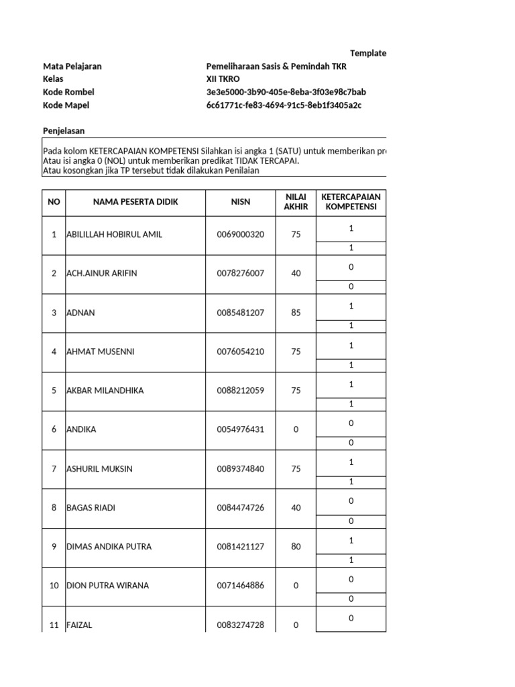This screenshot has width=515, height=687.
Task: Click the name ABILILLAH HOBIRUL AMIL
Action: click(x=114, y=235)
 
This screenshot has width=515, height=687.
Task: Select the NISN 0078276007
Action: click(x=240, y=274)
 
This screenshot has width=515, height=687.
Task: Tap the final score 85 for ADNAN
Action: click(x=296, y=313)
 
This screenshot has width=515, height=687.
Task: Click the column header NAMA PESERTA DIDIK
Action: click(x=135, y=202)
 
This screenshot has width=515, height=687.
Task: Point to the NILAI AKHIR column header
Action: click(x=296, y=202)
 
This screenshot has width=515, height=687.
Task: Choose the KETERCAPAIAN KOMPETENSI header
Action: click(x=351, y=202)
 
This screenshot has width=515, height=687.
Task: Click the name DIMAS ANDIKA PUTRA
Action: click(x=109, y=547)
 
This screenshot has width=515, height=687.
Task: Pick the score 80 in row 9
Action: click(x=296, y=547)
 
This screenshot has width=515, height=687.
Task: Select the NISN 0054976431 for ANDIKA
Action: click(x=240, y=430)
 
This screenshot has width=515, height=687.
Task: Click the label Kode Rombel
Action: click(x=68, y=92)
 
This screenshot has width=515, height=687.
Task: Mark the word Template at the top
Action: click(x=368, y=54)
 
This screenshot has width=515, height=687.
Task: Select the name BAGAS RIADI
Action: click(x=91, y=508)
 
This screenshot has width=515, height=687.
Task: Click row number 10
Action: click(x=54, y=586)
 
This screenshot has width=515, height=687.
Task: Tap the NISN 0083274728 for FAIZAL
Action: click(x=240, y=625)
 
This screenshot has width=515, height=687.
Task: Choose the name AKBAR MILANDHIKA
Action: click(x=105, y=391)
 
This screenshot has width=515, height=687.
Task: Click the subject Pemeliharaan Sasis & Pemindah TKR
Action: click(x=276, y=66)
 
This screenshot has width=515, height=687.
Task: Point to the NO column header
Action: click(x=54, y=202)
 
